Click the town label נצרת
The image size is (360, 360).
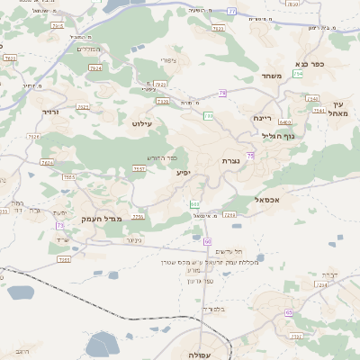point(230,160)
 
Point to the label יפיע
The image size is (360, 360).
point(184,172)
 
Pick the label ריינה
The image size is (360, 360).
point(262,118)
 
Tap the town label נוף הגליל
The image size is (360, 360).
point(272,136)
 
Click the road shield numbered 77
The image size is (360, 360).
point(231,12)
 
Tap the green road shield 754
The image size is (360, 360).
point(298,74)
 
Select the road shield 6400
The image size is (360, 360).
point(285,121)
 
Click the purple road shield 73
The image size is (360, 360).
point(59,225)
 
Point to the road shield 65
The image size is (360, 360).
point(289,312)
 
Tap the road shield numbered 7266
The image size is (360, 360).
point(229,215)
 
